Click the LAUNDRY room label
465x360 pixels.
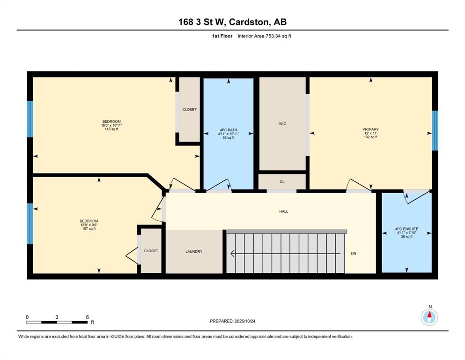click(194, 251)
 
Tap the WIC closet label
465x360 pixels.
click(282, 124)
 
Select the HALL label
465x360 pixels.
click(283, 211)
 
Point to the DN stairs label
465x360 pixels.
click(354, 254)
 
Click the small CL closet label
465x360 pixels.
click(282, 181)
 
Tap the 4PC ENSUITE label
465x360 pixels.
click(406, 229)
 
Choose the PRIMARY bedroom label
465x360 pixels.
click(370, 129)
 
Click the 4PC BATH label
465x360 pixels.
click(229, 130)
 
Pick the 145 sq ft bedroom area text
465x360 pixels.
click(111, 129)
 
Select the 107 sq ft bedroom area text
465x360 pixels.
click(89, 229)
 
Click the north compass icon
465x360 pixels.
click(429, 317)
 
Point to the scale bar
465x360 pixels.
click(57, 322)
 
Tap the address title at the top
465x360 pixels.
click(232, 22)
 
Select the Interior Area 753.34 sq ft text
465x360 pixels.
click(264, 36)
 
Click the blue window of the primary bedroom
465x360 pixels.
click(435, 131)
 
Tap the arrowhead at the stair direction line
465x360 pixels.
click(233, 254)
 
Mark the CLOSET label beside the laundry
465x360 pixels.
click(151, 251)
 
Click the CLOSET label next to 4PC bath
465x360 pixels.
click(189, 110)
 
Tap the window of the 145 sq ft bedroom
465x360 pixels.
click(30, 119)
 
